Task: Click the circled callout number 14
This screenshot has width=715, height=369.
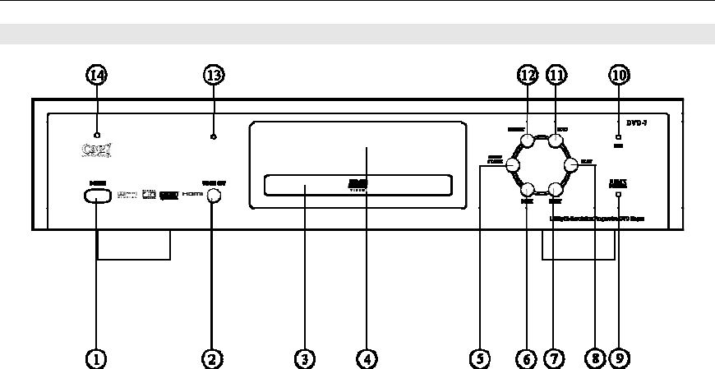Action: point(97,75)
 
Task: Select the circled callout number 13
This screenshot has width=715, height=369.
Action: point(213,75)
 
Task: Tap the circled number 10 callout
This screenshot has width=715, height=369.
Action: point(618,75)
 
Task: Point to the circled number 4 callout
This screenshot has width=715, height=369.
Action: point(367,358)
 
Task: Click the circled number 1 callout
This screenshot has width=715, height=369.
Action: point(97,358)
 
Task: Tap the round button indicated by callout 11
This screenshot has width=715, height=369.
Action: point(556,141)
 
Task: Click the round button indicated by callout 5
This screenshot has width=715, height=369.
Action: point(514,164)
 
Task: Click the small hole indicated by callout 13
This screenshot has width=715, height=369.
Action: point(213,136)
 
